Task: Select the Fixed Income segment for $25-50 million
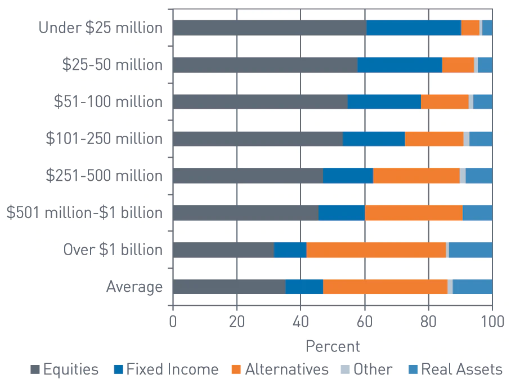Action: point(400,65)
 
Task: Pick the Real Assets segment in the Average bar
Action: point(472,287)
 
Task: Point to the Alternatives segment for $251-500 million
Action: point(416,176)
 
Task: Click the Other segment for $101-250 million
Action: point(466,139)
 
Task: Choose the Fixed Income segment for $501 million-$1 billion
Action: point(341,213)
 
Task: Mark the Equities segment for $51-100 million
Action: point(260,102)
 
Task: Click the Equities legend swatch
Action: point(35,370)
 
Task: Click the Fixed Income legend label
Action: point(172,369)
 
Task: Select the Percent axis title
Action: point(332,345)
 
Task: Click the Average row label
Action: point(135,287)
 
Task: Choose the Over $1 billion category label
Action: point(113,250)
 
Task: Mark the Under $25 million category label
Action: point(101,28)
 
